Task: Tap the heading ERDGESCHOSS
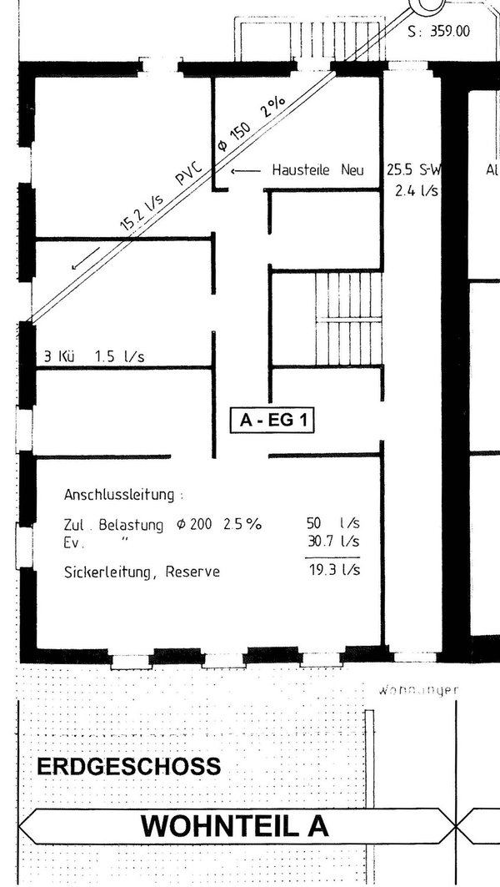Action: coord(129,766)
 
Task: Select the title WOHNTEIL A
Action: coord(235,825)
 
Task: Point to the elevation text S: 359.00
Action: coord(439,32)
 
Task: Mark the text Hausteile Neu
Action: coord(317,170)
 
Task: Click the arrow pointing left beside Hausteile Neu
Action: coord(247,171)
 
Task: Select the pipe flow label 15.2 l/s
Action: coord(142,212)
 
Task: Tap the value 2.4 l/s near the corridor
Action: coord(417,191)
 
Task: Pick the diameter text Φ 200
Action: coord(197,525)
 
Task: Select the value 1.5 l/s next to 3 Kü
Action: coord(120,357)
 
